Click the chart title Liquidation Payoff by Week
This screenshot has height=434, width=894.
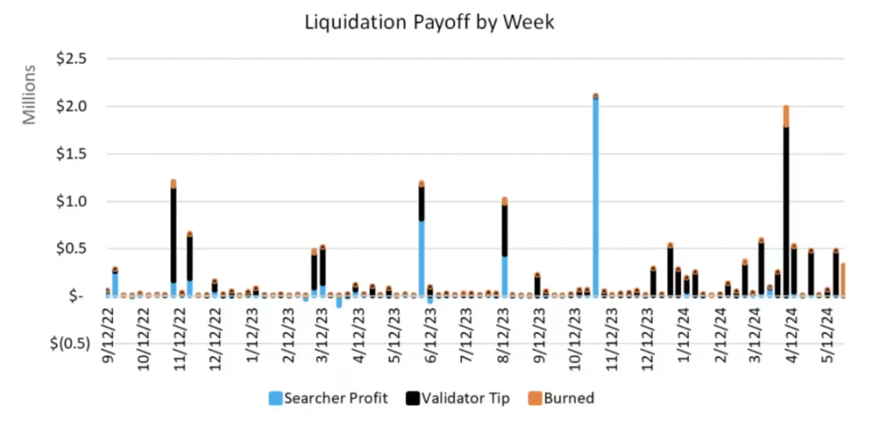[429, 23]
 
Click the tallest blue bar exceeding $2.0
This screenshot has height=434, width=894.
[595, 196]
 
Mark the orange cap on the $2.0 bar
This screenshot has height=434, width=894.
[786, 116]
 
